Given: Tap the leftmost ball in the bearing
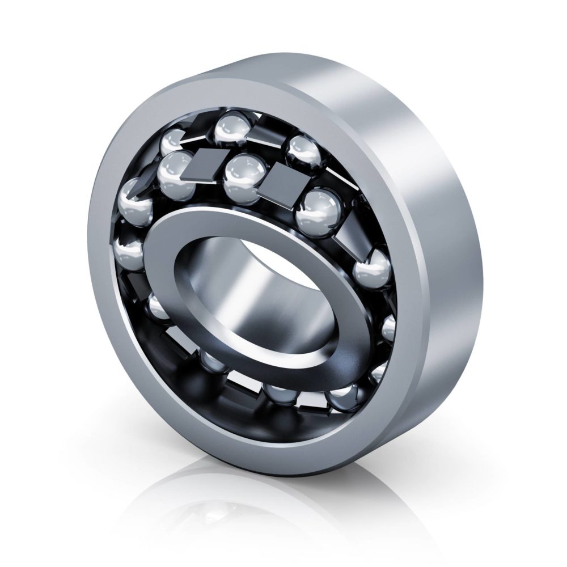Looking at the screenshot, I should [x=133, y=198].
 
